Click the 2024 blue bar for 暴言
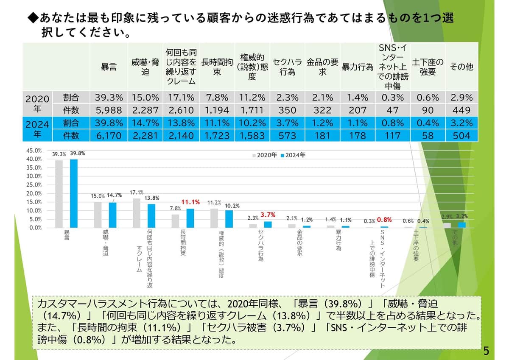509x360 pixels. click(74, 193)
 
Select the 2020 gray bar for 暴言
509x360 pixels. click(59, 194)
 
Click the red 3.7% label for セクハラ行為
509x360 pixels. click(268, 215)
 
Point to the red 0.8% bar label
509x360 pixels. click(384, 220)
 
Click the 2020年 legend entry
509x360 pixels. click(266, 155)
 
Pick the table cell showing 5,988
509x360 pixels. click(109, 110)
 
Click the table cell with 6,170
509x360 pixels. click(109, 136)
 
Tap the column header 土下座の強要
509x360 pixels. click(428, 67)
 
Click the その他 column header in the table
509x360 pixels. click(461, 67)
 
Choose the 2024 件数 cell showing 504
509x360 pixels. click(461, 136)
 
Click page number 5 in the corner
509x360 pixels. click(486, 351)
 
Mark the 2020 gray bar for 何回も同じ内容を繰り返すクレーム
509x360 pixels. click(137, 213)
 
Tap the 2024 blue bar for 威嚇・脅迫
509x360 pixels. click(112, 215)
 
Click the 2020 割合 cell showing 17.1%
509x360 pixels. click(180, 98)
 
